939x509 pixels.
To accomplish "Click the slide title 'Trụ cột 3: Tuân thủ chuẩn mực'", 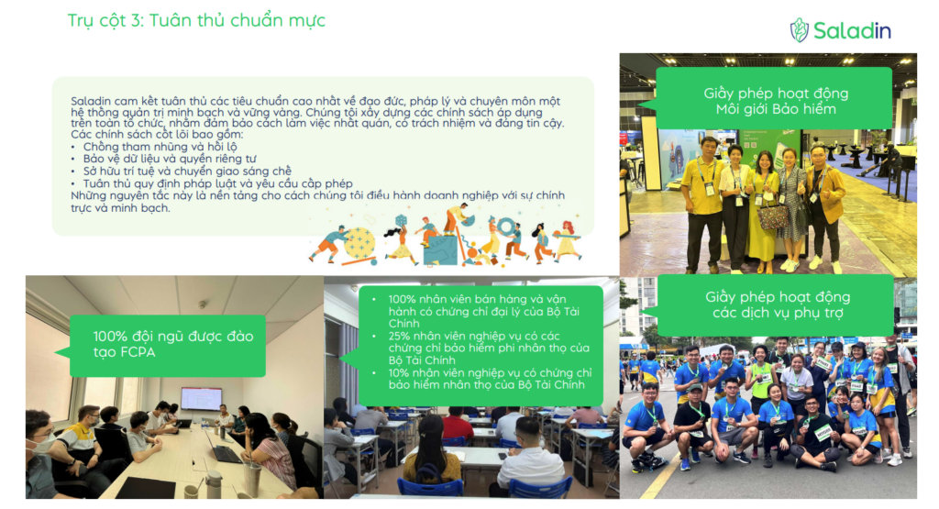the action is (x=196, y=20).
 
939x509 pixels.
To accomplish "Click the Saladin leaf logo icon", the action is (x=799, y=30).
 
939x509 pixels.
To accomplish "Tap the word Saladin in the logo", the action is (x=852, y=30).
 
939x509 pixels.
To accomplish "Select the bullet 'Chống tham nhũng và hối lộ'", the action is (x=160, y=147).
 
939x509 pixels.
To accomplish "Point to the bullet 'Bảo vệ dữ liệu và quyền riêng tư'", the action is (x=170, y=159).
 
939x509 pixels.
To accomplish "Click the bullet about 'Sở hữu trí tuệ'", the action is (x=187, y=172).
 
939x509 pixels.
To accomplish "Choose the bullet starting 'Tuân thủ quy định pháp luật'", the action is (x=217, y=183).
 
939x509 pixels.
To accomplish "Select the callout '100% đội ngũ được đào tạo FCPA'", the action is (x=168, y=346).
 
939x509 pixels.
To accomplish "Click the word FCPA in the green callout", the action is (x=138, y=352).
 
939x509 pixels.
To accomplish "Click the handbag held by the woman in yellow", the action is (x=772, y=214).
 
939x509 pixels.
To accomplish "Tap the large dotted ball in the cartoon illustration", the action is (x=359, y=243).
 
